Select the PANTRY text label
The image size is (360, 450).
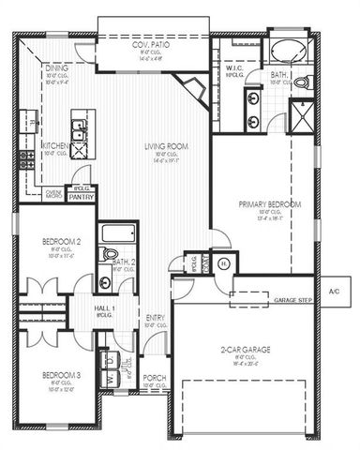click(x=82, y=197)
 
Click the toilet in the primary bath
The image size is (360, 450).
click(x=302, y=83)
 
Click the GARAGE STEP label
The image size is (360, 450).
click(x=292, y=300)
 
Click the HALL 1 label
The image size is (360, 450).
click(x=104, y=307)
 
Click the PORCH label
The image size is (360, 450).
click(x=155, y=378)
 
